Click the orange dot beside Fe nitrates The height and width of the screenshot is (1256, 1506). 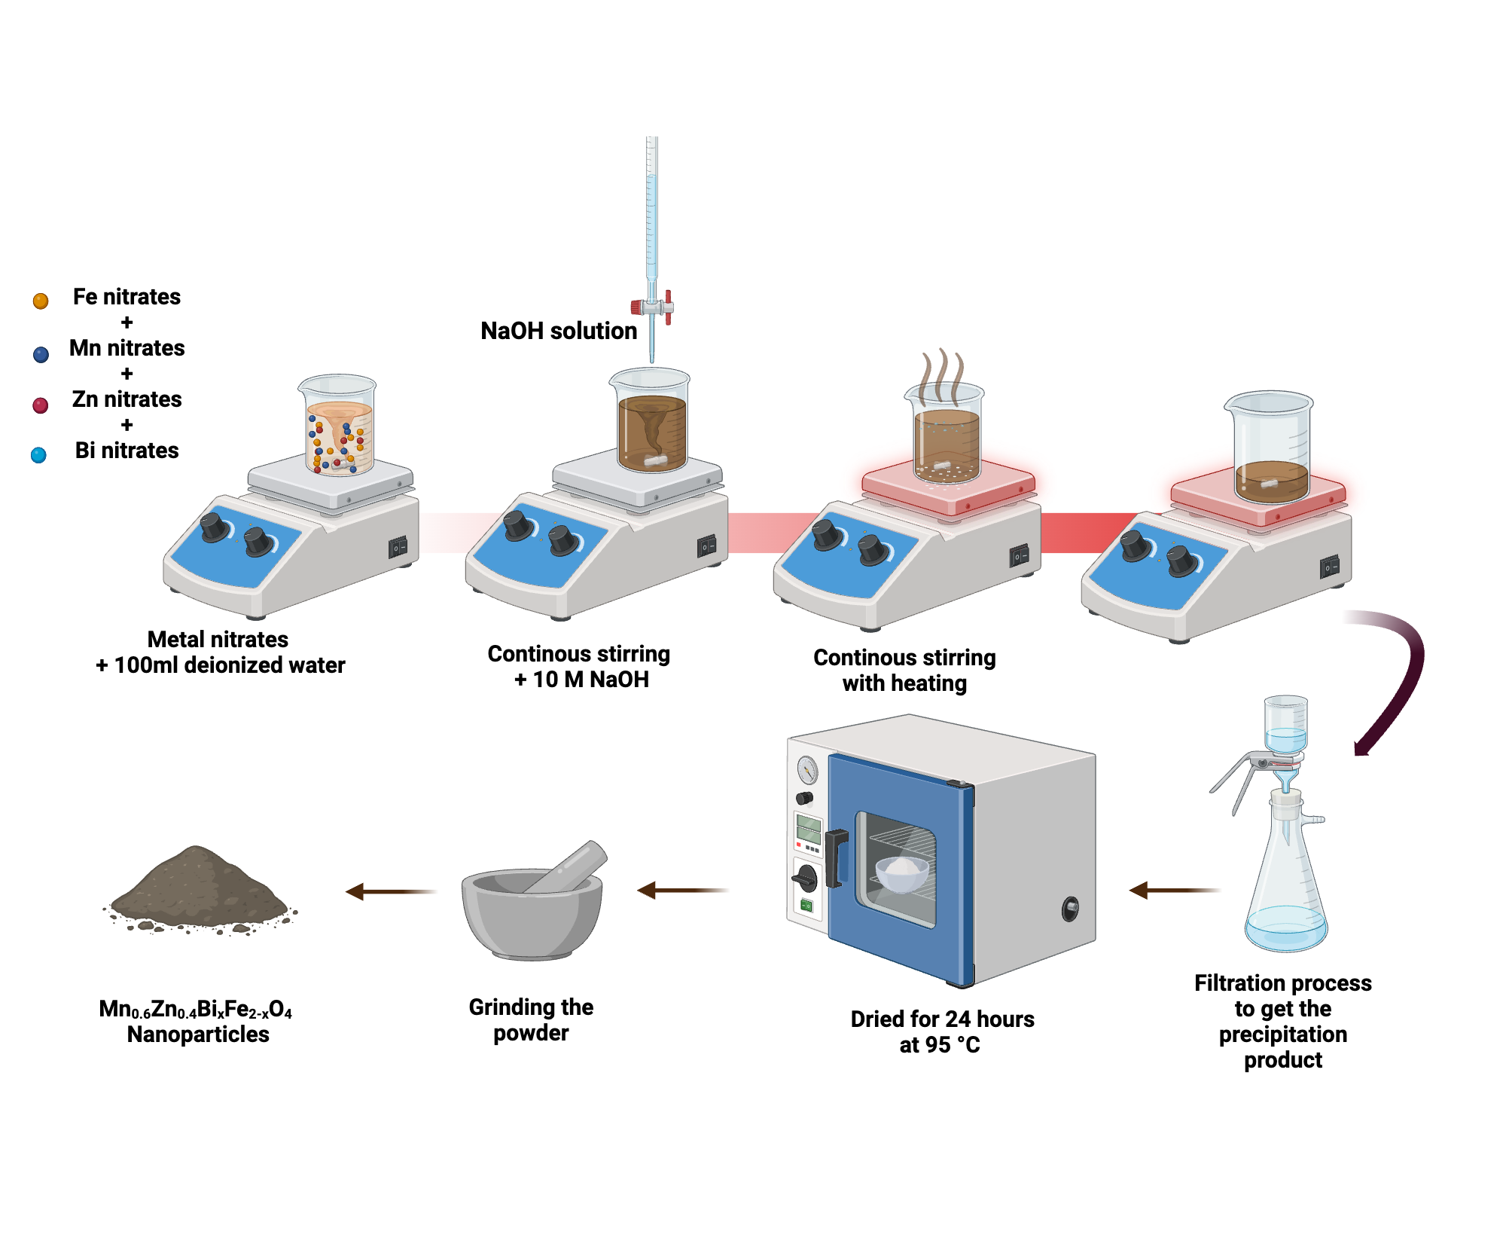point(41,301)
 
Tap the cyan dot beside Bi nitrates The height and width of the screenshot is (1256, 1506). point(38,455)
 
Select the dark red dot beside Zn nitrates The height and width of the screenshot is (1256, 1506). point(41,405)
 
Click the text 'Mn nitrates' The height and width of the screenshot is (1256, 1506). point(127,348)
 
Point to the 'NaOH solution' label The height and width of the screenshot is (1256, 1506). point(558,331)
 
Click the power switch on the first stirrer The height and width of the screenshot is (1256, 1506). point(398,547)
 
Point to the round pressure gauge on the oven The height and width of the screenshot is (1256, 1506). point(807,770)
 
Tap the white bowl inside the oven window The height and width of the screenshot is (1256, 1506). point(902,874)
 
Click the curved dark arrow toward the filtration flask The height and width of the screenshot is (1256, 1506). point(1401,678)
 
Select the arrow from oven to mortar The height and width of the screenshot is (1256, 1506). point(681,891)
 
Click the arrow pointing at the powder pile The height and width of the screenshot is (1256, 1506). point(390,891)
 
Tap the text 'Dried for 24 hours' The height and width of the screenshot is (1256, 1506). point(942,1019)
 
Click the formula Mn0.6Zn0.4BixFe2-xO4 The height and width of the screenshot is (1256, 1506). point(195,1009)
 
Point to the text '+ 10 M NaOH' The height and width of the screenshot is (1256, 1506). point(581,680)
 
